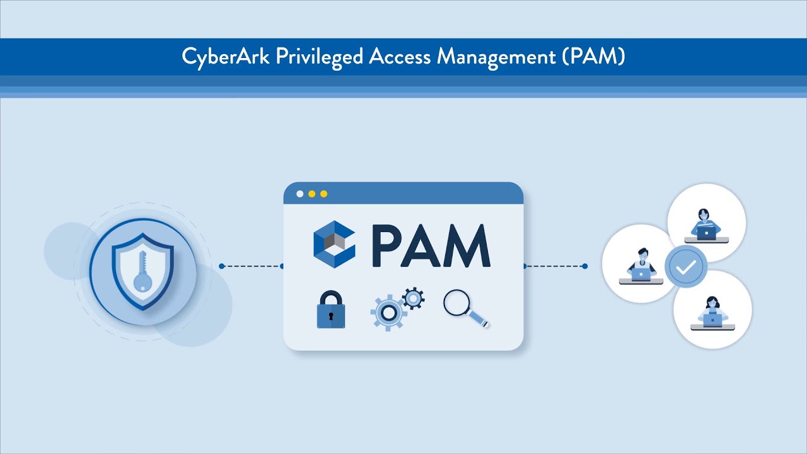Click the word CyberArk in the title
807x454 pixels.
(x=218, y=57)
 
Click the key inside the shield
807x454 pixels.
(x=141, y=271)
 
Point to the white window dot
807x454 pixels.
(x=300, y=194)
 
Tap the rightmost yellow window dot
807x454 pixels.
(x=324, y=194)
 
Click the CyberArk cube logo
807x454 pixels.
(x=334, y=244)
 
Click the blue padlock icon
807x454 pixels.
(x=331, y=310)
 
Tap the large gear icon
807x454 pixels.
(x=388, y=312)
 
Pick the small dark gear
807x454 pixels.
(x=413, y=298)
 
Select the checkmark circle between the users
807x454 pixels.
(x=685, y=267)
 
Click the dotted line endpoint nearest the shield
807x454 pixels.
(x=221, y=266)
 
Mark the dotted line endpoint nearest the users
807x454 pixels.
(x=585, y=266)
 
